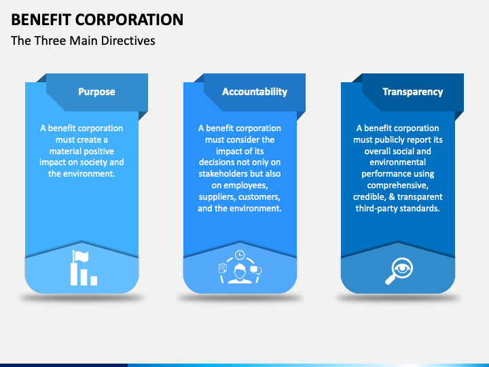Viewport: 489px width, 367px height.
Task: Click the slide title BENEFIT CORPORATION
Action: click(97, 19)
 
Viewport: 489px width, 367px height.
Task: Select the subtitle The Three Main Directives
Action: click(83, 41)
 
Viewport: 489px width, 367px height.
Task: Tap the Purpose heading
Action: click(96, 92)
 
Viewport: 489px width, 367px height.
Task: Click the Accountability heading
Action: click(255, 92)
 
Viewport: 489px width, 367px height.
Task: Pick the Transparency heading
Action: click(412, 92)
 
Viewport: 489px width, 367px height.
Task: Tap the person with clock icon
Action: click(239, 268)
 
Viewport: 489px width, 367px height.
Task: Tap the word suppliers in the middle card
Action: click(217, 197)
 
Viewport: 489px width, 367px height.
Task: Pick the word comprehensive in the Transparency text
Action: click(397, 186)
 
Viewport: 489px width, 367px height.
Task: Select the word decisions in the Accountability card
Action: click(217, 162)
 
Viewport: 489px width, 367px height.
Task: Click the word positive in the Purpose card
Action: click(98, 151)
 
